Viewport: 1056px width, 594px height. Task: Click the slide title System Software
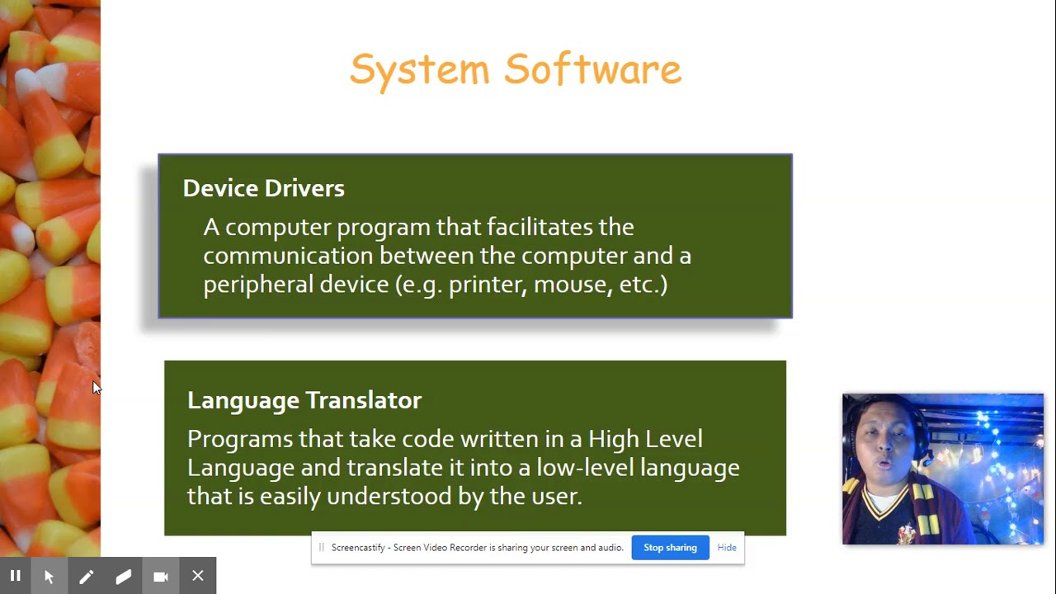tap(516, 69)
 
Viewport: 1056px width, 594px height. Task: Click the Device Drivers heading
tap(263, 188)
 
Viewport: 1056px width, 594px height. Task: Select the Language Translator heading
tap(304, 400)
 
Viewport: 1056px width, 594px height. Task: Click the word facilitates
tap(537, 227)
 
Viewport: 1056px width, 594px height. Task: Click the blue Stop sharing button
tap(670, 548)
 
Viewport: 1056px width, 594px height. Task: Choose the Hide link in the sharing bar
tap(727, 548)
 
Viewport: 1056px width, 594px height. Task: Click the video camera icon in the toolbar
tap(161, 577)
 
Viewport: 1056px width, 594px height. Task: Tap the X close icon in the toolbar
tap(198, 577)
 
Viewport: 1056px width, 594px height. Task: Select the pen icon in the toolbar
tap(86, 577)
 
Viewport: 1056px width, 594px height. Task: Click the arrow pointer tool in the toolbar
tap(49, 577)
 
